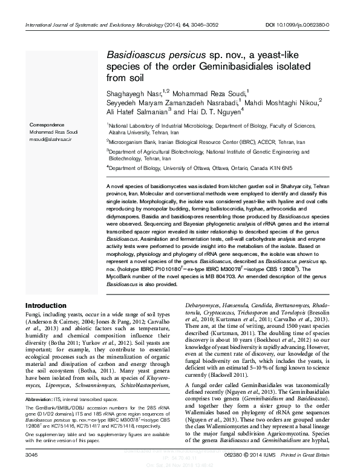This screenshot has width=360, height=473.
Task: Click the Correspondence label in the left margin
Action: tap(48, 124)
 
